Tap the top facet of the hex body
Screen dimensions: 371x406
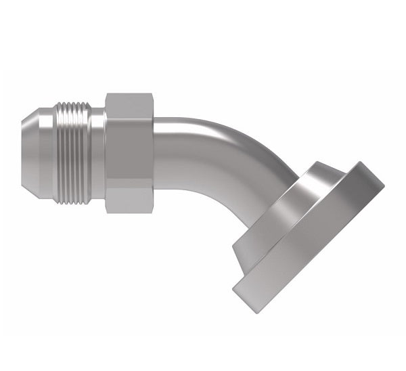tap(130, 103)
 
